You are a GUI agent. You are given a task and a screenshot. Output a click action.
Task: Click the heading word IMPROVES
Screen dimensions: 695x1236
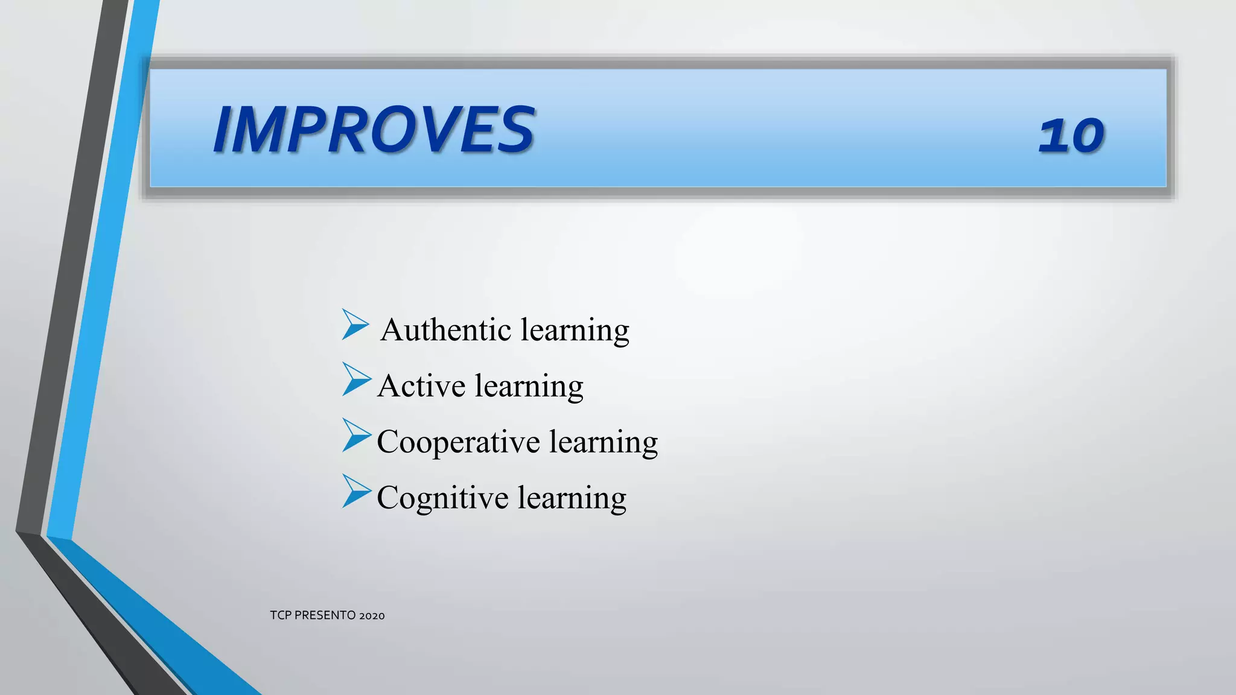coord(374,130)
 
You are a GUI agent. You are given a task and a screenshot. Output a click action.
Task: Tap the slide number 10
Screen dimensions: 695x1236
coord(1071,135)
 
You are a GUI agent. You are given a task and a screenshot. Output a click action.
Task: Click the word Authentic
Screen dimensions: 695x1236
coord(446,330)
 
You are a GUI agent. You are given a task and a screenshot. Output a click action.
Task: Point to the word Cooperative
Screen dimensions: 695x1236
coord(458,442)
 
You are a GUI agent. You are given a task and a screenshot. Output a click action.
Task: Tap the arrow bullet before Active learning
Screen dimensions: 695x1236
coord(355,379)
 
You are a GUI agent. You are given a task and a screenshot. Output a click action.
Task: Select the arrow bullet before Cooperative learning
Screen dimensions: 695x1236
coord(355,435)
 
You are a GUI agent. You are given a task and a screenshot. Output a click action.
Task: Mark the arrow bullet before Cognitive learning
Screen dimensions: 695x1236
coord(355,491)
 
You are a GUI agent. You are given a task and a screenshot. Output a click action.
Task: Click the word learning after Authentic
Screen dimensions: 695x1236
coord(575,331)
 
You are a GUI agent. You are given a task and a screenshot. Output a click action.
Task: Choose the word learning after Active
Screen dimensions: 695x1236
coord(529,387)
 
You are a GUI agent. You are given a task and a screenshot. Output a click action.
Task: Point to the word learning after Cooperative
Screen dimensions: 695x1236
coord(604,442)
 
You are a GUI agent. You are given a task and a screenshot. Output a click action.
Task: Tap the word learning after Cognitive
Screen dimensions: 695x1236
coord(572,498)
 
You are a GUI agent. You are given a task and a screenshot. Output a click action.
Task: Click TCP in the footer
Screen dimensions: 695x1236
coord(281,615)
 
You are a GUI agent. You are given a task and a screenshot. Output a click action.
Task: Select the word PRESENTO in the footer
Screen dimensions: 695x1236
coord(325,615)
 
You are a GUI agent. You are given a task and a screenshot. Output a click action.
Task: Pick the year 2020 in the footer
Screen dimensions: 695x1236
coord(372,616)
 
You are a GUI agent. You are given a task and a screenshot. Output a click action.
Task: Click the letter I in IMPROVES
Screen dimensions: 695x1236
coord(224,130)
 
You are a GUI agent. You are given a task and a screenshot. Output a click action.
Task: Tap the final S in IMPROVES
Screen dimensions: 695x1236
coord(516,130)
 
